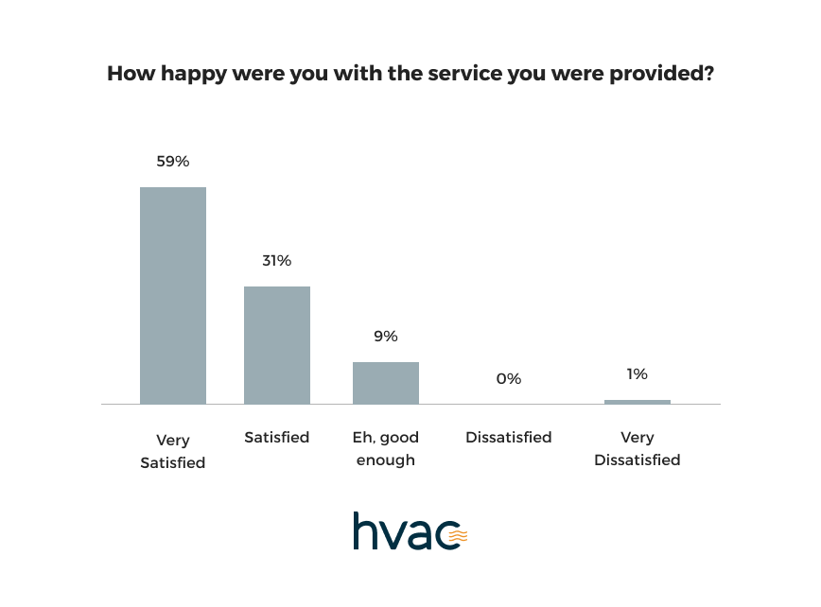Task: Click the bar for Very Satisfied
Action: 173,295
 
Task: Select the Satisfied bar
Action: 277,345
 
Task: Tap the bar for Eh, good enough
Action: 386,383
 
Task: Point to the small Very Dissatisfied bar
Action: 638,402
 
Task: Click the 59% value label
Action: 173,162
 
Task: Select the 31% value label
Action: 277,261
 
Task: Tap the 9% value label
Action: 386,337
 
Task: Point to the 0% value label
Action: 509,379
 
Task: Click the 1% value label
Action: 638,374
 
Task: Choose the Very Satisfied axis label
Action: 173,451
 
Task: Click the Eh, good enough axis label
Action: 386,449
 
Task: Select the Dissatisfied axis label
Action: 509,438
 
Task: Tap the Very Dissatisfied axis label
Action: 638,449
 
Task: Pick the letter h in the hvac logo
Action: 364,530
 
